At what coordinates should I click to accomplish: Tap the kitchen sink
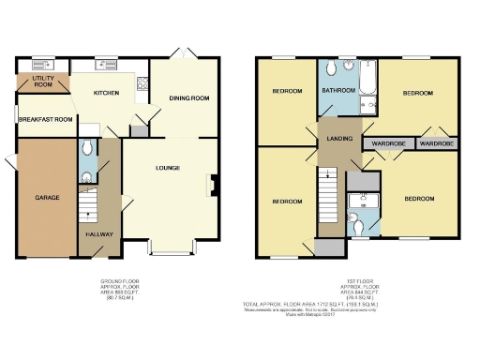[97, 65]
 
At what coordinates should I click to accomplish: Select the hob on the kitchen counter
[142, 87]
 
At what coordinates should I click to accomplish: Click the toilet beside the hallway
[86, 147]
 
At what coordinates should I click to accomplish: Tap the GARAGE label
[48, 198]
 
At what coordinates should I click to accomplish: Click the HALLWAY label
[99, 234]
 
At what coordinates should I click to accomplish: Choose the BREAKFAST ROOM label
[44, 119]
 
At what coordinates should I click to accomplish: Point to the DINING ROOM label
[188, 97]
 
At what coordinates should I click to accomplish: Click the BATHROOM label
[337, 90]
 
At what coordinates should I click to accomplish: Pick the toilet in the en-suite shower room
[361, 222]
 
